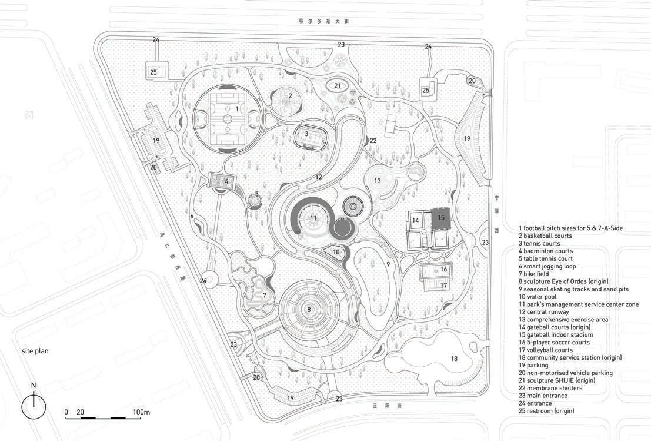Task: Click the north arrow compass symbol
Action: coord(34,406)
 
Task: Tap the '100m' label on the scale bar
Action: coord(141,412)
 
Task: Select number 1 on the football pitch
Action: coord(237,108)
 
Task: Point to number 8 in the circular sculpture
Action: coord(309,309)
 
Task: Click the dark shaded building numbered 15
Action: coord(440,217)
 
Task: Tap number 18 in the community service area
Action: coord(453,359)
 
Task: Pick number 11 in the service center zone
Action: coord(313,218)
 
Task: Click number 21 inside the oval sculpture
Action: coord(337,85)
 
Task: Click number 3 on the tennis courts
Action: coord(306,134)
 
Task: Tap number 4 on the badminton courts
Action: coord(226,181)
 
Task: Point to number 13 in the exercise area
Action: coord(378,180)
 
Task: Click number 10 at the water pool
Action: coord(336,252)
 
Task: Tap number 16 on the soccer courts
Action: coord(444,269)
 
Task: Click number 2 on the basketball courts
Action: coord(290,95)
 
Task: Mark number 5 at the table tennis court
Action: coord(257,194)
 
